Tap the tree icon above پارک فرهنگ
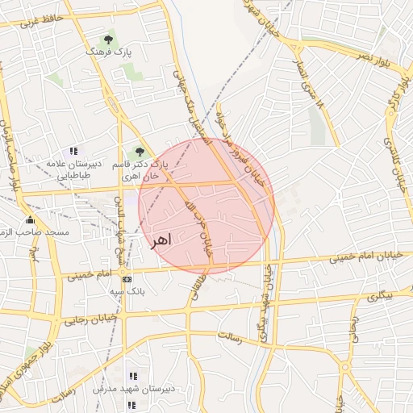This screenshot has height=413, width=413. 108,39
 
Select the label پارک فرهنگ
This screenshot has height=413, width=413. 108,51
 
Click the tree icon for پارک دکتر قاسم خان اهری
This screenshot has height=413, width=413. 140,151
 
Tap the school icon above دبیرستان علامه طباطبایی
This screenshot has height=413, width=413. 73,150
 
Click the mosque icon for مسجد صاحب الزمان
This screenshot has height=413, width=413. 30,220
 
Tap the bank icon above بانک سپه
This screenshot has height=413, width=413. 127,278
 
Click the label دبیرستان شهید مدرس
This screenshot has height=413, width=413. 134,389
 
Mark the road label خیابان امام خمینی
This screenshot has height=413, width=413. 361,258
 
